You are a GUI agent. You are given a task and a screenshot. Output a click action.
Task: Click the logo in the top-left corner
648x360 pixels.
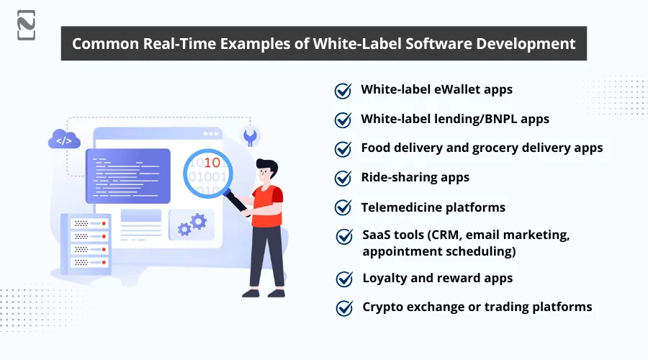click(x=26, y=25)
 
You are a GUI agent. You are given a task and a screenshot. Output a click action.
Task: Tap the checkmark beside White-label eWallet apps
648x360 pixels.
click(x=343, y=91)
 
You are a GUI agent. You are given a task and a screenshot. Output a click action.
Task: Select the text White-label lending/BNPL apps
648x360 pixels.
click(x=455, y=119)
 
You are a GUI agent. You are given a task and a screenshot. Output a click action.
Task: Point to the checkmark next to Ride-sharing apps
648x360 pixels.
click(x=343, y=178)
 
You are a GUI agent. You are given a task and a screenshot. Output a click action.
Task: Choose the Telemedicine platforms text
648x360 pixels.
click(x=433, y=207)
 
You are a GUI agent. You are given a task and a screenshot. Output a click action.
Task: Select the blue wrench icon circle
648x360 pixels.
click(x=251, y=135)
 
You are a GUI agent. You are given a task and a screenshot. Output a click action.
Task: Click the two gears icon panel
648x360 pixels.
click(x=192, y=224)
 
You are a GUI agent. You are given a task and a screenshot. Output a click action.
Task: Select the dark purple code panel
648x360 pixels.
click(x=127, y=176)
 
